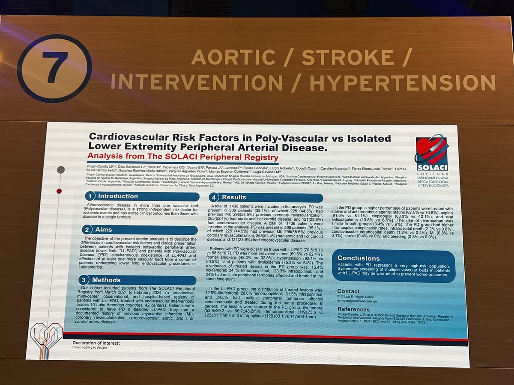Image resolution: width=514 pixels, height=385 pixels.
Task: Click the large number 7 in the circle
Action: pos(54,68)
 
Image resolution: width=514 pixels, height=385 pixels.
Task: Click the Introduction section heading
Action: pos(118,196)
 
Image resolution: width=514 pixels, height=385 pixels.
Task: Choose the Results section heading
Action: pos(234,197)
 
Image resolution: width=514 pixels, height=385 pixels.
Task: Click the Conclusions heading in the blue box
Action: pos(359,258)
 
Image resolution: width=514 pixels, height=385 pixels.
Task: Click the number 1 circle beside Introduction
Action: pos(90,196)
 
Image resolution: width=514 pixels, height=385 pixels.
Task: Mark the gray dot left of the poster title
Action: pos(61,170)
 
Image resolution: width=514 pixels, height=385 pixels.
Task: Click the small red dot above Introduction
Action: pos(59,191)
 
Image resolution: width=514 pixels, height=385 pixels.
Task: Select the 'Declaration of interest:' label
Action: pos(96,343)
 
